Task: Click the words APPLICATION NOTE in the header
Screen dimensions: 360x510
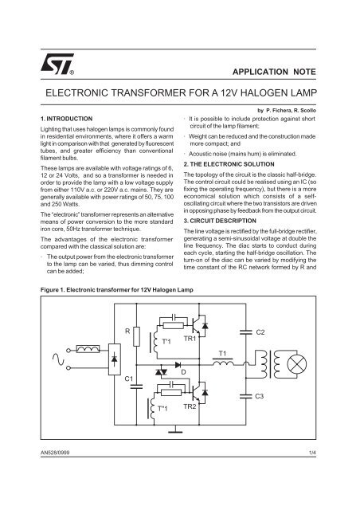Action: click(274, 72)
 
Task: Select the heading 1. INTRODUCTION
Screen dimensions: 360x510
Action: click(67, 119)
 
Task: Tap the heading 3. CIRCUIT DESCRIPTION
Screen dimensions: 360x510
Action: click(220, 221)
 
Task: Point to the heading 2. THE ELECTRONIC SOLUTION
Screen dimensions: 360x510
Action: click(229, 164)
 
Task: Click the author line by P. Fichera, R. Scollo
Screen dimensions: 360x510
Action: click(287, 111)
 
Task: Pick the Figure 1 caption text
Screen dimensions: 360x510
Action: click(117, 290)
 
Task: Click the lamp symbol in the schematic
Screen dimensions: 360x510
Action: click(297, 364)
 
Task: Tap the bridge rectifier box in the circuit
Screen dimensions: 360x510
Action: click(114, 359)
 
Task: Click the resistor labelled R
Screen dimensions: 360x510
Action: click(136, 336)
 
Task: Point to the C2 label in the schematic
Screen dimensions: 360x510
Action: click(260, 332)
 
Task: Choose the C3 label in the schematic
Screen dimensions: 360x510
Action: click(259, 396)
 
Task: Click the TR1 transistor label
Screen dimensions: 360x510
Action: click(190, 339)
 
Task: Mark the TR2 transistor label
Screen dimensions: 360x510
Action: click(190, 406)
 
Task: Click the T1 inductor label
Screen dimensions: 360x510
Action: click(222, 354)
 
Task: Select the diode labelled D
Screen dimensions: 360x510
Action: click(178, 365)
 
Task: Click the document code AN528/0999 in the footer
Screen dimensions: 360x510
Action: click(55, 453)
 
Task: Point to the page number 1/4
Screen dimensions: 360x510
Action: click(313, 453)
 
